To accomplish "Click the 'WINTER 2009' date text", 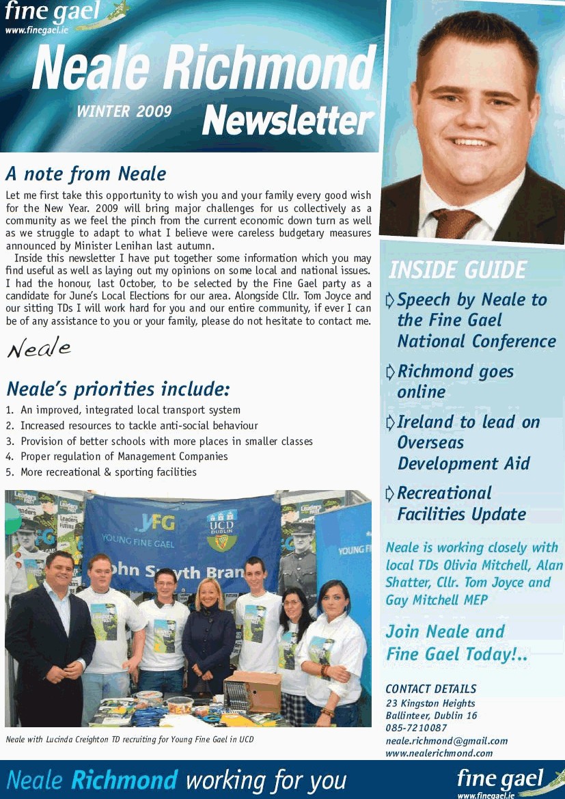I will tap(124, 111).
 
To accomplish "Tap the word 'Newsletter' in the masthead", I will tap(288, 120).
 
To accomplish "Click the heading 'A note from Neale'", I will tap(85, 174).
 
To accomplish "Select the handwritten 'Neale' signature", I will tap(39, 349).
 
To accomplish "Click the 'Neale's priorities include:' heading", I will tap(118, 390).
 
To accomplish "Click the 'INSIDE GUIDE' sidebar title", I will tap(457, 270).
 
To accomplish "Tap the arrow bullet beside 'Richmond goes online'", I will tap(390, 372).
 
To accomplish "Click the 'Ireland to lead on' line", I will tap(468, 422).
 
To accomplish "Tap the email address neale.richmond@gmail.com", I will tap(446, 741).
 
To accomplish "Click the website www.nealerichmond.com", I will tap(439, 753).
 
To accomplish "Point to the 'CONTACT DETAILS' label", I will tap(430, 689).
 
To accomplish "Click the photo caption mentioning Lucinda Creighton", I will tap(129, 739).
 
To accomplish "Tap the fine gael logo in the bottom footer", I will tap(506, 781).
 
